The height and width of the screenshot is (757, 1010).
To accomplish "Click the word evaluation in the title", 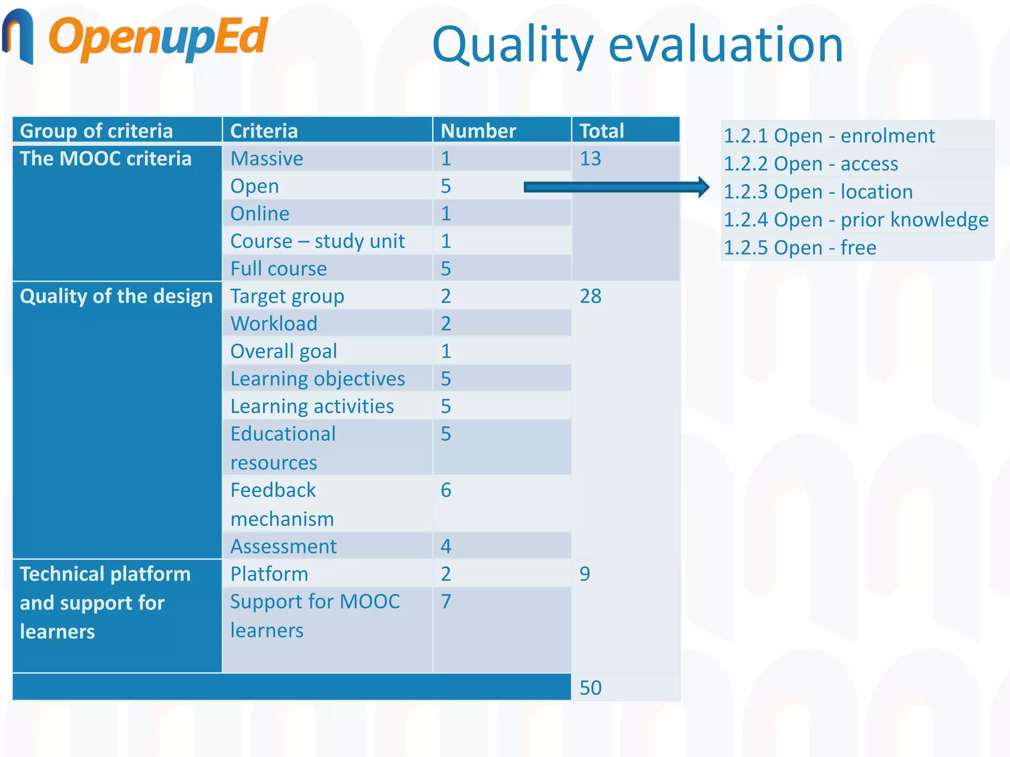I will [725, 45].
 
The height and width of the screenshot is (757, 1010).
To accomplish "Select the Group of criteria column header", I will [97, 131].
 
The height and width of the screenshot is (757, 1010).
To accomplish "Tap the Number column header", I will [478, 131].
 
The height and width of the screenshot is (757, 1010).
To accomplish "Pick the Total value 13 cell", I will [590, 159].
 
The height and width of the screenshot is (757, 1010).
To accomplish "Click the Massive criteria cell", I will [267, 159].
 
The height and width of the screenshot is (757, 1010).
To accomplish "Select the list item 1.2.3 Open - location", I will [818, 192].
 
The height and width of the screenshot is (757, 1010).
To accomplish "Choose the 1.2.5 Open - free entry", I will [799, 247].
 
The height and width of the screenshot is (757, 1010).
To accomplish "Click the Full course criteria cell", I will [279, 269].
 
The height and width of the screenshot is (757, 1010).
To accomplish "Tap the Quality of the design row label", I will [116, 296].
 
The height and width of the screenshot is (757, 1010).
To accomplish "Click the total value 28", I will [590, 296].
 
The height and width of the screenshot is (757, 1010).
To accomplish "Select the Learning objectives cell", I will [318, 379].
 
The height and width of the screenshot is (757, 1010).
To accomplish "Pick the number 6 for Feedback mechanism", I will [446, 490].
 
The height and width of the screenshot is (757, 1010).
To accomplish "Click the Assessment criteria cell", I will [284, 547].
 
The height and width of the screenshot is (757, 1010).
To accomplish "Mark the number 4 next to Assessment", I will [446, 547].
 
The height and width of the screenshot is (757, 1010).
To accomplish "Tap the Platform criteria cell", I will [269, 574].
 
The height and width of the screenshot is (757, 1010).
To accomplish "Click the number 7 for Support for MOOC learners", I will [446, 602].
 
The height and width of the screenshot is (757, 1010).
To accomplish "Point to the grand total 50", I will [590, 688].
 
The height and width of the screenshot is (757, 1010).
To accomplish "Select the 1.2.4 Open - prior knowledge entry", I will [856, 220].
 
